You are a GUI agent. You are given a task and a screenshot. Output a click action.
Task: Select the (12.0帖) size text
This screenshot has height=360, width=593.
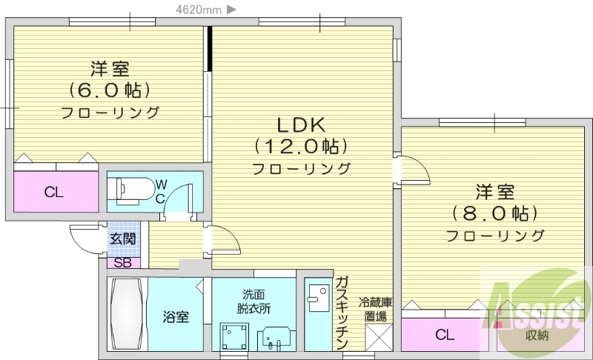(x=301, y=146)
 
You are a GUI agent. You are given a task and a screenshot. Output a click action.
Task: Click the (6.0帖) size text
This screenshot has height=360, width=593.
(x=110, y=90)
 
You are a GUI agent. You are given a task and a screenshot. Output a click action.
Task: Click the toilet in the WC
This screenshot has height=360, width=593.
(x=130, y=189)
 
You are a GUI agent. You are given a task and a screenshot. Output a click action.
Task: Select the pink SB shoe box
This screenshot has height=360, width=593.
(x=122, y=261)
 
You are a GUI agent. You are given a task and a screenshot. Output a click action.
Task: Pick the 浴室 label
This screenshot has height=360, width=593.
(x=176, y=318)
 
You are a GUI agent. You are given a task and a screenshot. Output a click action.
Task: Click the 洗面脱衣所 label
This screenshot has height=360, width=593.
(x=253, y=301)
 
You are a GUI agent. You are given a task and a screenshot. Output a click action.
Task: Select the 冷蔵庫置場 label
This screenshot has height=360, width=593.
(x=376, y=309)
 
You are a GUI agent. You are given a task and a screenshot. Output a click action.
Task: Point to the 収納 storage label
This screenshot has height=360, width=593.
(x=537, y=336)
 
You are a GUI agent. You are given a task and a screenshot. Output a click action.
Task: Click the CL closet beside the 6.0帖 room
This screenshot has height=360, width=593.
(x=53, y=193)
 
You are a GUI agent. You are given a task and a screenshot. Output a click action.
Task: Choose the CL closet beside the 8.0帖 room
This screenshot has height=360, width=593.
(x=443, y=334)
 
